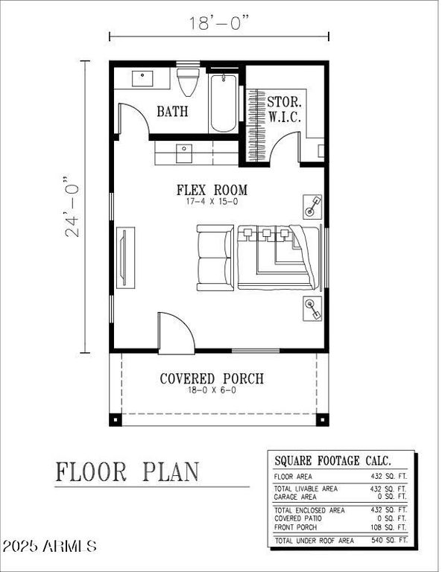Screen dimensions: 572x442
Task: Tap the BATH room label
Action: (x=172, y=112)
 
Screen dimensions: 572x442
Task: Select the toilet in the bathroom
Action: (x=186, y=81)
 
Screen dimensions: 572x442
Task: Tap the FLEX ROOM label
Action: (x=212, y=190)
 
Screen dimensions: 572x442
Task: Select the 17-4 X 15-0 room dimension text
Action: (x=212, y=202)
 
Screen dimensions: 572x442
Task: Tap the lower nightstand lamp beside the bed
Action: (x=312, y=308)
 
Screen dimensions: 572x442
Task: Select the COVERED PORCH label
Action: (x=212, y=379)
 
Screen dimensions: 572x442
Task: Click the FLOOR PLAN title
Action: (x=127, y=471)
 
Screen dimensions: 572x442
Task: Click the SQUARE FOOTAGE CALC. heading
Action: (x=332, y=460)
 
